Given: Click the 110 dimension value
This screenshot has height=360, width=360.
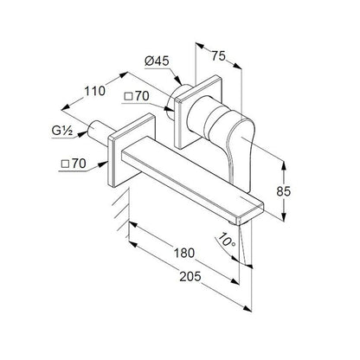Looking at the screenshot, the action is click(x=94, y=91).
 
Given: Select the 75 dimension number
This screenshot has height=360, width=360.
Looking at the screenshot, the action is click(x=218, y=55).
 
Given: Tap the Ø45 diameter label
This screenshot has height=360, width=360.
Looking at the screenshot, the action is click(x=157, y=61).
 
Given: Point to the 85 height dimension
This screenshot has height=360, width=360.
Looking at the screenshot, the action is click(x=284, y=191).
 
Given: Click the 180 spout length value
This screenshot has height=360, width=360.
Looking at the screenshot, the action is click(x=184, y=253).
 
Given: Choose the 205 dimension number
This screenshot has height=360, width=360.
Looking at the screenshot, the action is click(x=190, y=277).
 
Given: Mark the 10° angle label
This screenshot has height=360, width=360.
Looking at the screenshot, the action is click(x=228, y=240).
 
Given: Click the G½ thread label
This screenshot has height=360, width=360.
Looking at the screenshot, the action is click(x=62, y=131).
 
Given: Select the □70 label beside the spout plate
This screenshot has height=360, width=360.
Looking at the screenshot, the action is click(x=74, y=164).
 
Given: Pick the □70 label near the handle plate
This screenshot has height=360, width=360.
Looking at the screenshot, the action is click(x=136, y=96).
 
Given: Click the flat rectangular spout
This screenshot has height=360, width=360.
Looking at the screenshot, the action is click(x=193, y=180).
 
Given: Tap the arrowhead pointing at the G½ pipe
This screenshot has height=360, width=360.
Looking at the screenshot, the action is click(x=83, y=134).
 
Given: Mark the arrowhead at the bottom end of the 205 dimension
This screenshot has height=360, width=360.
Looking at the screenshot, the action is click(x=247, y=308).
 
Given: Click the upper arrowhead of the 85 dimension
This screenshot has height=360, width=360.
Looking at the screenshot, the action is click(x=284, y=165).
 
